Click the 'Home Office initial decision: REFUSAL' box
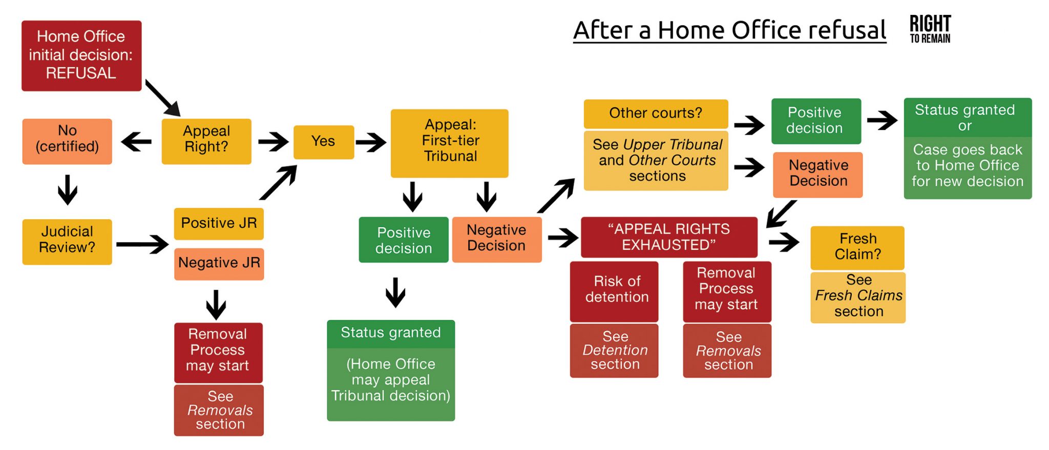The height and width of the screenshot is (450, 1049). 81,55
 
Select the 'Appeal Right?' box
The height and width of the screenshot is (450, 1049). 206,141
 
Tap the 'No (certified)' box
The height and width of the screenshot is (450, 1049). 67,141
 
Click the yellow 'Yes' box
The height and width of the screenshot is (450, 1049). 323,142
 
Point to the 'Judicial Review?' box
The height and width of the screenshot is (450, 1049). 67,241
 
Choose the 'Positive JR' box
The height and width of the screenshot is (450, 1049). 219,223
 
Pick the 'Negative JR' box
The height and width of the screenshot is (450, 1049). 219,264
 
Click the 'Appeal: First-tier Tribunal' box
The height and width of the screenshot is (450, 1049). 449,143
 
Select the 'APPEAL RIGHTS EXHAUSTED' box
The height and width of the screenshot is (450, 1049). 668,237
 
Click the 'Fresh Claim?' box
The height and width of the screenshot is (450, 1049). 857,247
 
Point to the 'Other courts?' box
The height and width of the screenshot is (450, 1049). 656,114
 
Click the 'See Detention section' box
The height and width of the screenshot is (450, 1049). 614,351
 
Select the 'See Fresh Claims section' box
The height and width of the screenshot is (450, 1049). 858,297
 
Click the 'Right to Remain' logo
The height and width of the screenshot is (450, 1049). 930,29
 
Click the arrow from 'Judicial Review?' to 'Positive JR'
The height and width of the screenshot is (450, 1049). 142,244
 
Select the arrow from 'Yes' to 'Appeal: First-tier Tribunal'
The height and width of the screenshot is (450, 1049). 371,142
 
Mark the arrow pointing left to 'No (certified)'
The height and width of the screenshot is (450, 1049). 137,141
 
